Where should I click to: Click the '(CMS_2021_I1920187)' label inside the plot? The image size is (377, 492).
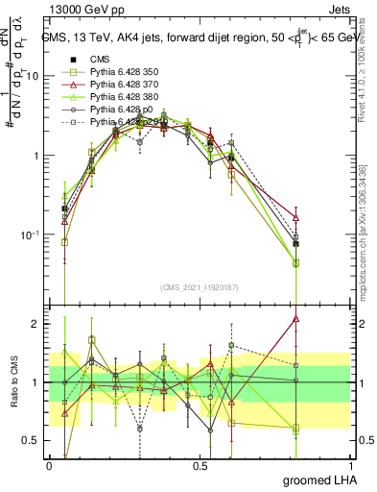tap(199, 288)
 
